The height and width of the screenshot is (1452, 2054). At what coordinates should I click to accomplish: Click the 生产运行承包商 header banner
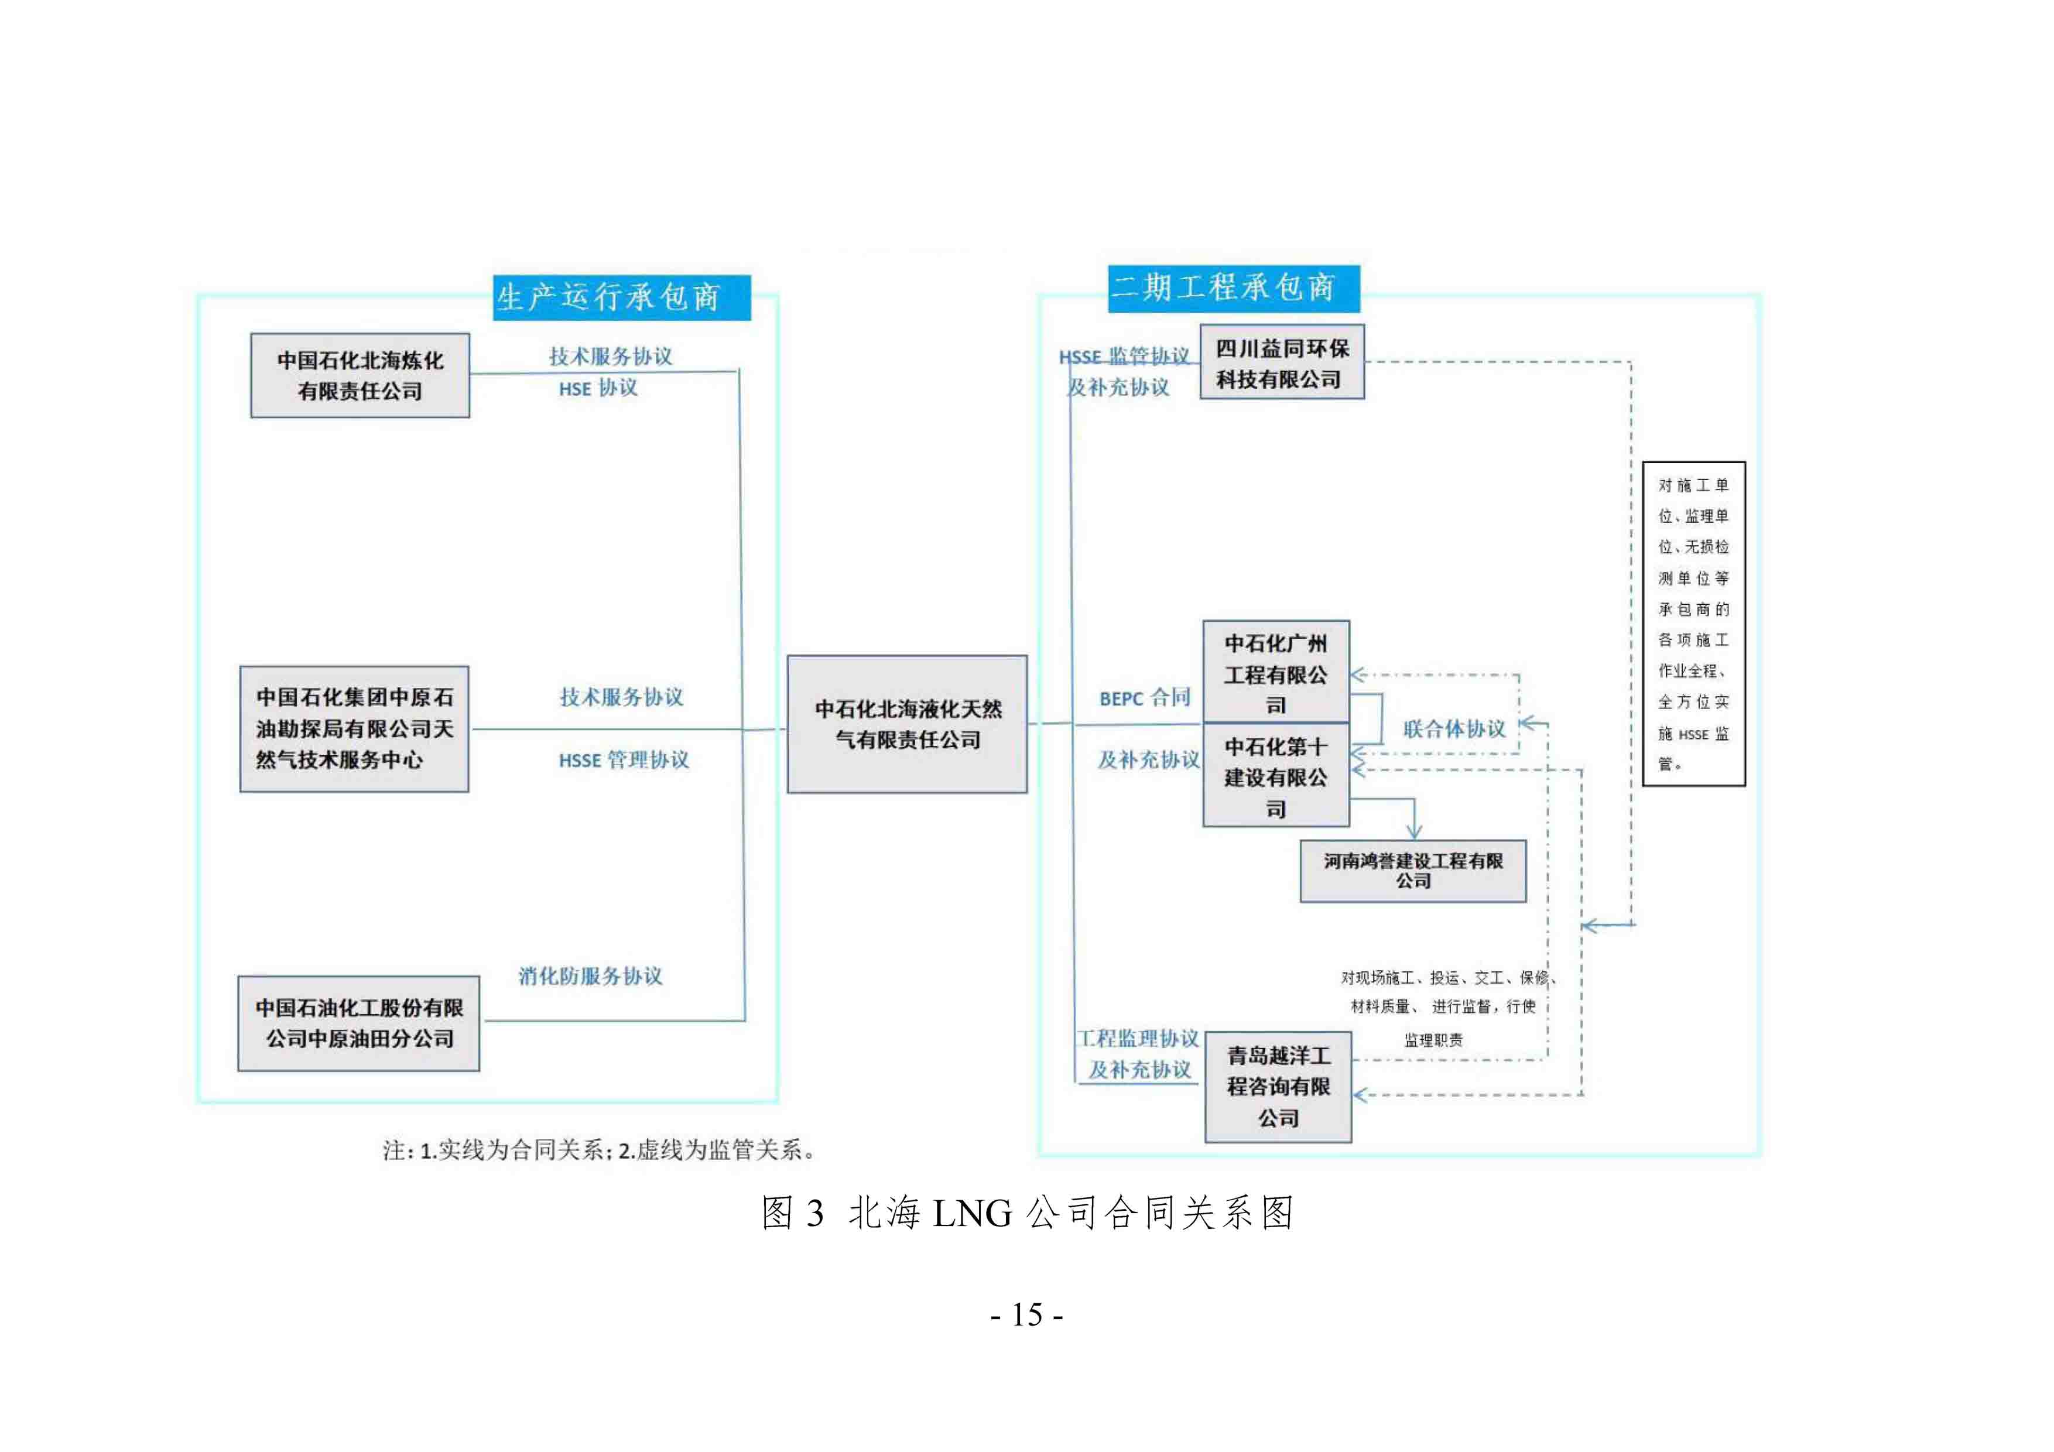click(x=622, y=297)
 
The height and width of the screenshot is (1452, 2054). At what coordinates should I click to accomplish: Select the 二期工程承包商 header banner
click(x=1234, y=288)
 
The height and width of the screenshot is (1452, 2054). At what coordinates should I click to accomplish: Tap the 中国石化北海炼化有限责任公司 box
click(x=360, y=376)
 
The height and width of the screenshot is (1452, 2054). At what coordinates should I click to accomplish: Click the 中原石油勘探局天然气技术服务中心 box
click(x=354, y=728)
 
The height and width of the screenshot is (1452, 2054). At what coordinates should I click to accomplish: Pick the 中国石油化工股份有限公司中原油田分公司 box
click(x=359, y=1023)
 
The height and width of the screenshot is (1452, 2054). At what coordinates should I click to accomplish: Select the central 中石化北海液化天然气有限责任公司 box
click(x=907, y=724)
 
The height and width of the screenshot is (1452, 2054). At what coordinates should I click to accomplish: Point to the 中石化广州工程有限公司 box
click(x=1276, y=672)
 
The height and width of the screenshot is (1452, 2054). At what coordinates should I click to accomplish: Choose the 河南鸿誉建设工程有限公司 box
click(x=1413, y=871)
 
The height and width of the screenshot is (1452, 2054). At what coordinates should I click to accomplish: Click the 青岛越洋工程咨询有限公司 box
click(x=1278, y=1087)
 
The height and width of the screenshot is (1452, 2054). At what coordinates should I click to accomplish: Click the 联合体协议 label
click(x=1454, y=729)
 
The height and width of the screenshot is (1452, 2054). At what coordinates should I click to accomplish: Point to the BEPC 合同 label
click(x=1145, y=698)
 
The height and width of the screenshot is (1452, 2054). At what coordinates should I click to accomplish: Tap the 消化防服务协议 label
click(x=590, y=976)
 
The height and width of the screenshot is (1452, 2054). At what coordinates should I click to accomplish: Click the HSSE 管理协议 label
click(x=624, y=761)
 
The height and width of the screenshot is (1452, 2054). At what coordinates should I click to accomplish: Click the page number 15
click(x=1027, y=1315)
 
